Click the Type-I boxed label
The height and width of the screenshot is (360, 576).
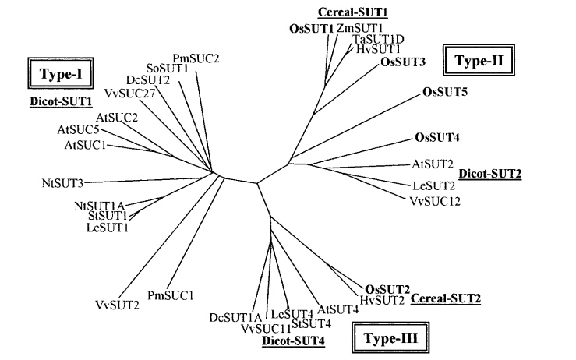point(61,73)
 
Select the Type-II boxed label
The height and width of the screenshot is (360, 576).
point(479,60)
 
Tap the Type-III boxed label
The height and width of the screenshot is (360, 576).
point(390,337)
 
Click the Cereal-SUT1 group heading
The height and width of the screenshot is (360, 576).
point(352,12)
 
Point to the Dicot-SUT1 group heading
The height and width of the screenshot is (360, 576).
point(61,102)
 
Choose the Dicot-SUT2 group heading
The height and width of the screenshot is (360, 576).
point(490,174)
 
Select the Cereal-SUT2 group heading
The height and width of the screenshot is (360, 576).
point(445,298)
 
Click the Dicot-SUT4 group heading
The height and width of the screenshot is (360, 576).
point(293,341)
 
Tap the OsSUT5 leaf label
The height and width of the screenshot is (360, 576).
point(445,91)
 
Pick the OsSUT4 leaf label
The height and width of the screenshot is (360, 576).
point(437,137)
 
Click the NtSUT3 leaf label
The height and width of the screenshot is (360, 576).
point(63,183)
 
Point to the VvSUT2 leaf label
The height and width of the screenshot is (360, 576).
point(117,305)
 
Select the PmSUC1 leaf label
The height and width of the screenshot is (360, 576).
point(170,295)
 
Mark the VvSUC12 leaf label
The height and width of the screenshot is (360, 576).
point(435,201)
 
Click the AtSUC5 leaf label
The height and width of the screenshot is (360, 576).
point(78,129)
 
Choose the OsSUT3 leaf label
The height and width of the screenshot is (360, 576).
point(403,62)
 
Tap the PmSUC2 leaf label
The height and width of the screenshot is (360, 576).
point(196,58)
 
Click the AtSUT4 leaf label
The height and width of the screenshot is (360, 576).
point(337,309)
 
